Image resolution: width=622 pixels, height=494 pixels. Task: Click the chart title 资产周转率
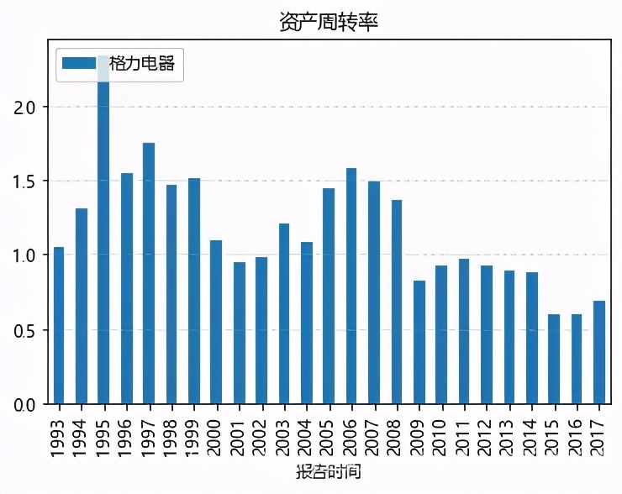329,22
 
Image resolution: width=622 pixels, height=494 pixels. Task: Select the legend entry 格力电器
146,64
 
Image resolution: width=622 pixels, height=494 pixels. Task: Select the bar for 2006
351,286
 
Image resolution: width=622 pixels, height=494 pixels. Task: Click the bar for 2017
598,352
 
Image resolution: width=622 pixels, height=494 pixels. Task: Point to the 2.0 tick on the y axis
26,108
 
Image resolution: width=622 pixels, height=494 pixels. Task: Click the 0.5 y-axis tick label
26,330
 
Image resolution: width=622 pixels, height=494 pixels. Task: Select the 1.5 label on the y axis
26,181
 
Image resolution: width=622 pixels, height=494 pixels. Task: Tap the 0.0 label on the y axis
26,404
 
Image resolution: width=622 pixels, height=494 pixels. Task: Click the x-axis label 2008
397,434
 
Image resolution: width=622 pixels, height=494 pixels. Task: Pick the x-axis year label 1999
194,434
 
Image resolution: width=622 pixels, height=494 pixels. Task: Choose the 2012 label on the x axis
487,434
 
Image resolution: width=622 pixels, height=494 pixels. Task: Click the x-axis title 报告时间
329,471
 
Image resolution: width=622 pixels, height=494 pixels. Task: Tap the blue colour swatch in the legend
80,64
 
